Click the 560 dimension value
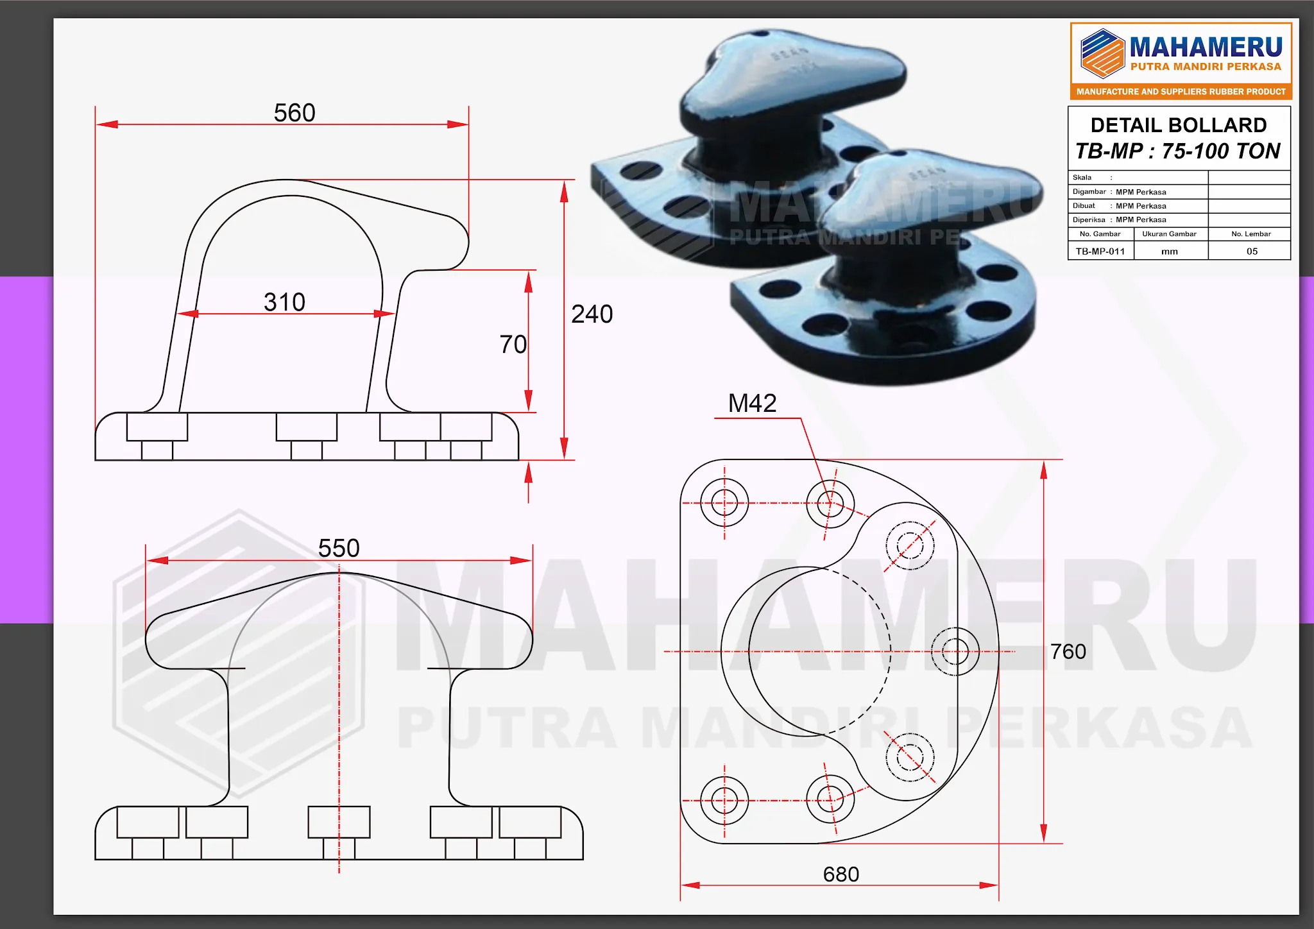[294, 113]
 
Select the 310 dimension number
[284, 302]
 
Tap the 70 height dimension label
[513, 345]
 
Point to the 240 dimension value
[592, 314]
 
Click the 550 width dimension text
[339, 549]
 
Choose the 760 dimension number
[1068, 652]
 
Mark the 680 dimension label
[840, 874]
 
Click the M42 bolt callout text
[752, 404]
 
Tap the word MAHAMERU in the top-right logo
[1206, 47]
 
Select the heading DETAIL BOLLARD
[1179, 125]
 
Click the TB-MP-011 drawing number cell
[1100, 251]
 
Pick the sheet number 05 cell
[1252, 251]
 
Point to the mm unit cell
[1170, 251]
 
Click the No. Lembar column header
[1250, 234]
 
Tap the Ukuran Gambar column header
[1169, 234]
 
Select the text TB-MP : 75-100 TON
[1178, 151]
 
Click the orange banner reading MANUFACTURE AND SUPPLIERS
[1181, 92]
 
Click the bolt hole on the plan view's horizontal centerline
[955, 652]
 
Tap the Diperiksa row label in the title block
[1089, 220]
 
